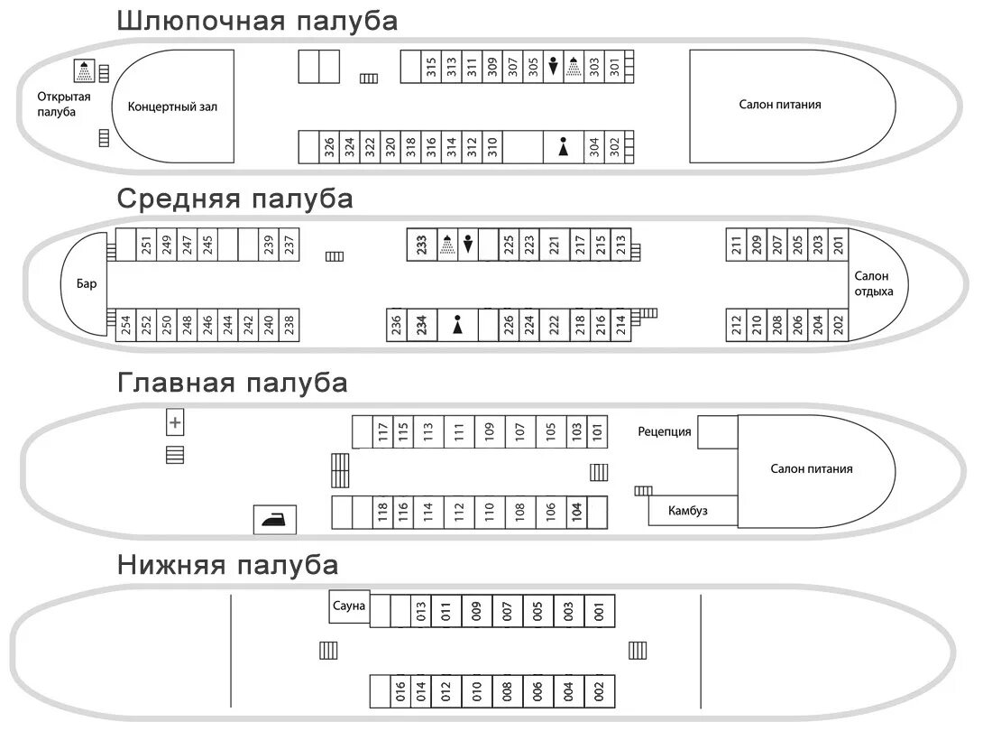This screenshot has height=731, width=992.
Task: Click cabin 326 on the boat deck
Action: click(329, 146)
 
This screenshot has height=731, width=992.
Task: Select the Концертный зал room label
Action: click(173, 106)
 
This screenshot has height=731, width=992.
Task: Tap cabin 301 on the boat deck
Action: click(615, 66)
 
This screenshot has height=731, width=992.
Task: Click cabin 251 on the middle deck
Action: click(146, 245)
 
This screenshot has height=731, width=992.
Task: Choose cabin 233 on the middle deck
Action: click(421, 245)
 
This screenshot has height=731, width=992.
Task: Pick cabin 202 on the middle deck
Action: click(838, 325)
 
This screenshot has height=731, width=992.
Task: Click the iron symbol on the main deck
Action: click(273, 519)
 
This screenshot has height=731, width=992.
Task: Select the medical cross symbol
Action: click(175, 421)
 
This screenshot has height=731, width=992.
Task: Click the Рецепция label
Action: click(665, 431)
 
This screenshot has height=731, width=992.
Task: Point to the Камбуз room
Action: click(688, 511)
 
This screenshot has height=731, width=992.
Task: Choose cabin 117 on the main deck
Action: click(383, 431)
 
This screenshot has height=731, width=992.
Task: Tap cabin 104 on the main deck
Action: click(577, 513)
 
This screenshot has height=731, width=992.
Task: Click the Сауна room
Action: click(349, 606)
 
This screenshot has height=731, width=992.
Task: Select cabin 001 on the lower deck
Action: click(599, 611)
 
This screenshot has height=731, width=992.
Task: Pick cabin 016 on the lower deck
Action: click(401, 691)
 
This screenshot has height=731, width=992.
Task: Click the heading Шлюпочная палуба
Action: click(257, 21)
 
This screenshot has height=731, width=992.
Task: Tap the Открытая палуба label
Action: click(57, 104)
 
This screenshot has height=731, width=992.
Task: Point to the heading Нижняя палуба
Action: click(227, 566)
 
